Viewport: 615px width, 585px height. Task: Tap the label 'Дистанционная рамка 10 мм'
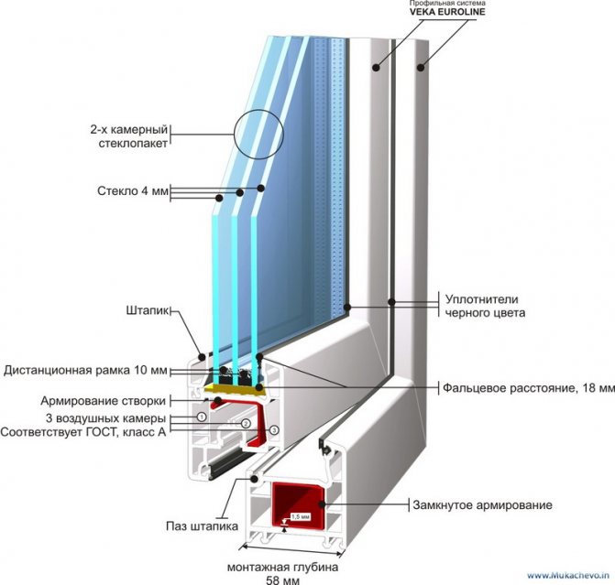coord(85,371)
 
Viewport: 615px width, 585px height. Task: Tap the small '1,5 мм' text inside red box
coord(300,517)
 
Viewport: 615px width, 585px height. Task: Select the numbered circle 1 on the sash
coord(199,417)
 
